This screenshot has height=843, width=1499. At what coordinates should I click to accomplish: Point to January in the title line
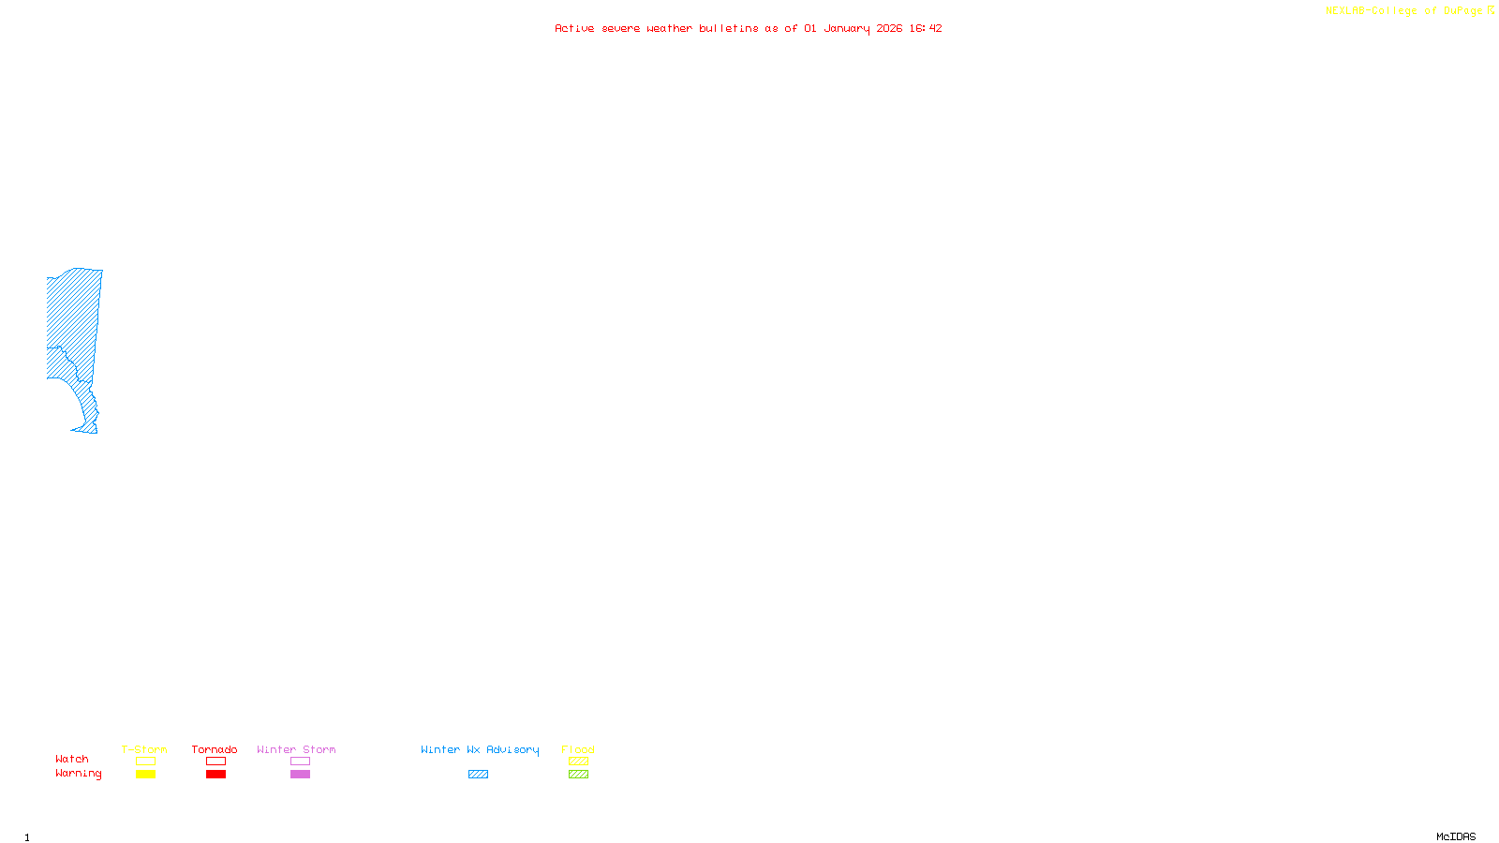coord(846,28)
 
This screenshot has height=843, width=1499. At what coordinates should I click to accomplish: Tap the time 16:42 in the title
coord(925,28)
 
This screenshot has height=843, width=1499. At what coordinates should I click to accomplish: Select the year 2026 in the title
coord(889,28)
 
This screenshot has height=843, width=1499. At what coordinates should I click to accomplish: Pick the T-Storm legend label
coord(144,749)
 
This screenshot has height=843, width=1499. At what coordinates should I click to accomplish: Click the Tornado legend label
coord(215,749)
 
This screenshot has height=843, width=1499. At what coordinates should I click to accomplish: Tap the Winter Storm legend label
coord(296,749)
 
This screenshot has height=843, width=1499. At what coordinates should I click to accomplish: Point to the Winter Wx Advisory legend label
coord(480,749)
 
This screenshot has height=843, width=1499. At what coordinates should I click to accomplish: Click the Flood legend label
coord(578,749)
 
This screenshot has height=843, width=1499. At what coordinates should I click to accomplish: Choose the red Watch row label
coord(72,759)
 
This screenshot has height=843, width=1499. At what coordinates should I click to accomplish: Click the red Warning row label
coord(78,774)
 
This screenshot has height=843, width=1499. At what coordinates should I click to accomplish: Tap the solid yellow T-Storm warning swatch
coord(145,775)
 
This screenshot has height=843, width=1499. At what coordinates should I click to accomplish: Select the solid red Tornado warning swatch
coord(215,775)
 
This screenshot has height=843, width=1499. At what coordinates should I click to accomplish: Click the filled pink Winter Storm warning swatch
coord(300,775)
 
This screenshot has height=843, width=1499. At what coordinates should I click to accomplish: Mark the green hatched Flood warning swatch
coord(578,775)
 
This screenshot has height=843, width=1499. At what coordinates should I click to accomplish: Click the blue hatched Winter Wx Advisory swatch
coord(478,775)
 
